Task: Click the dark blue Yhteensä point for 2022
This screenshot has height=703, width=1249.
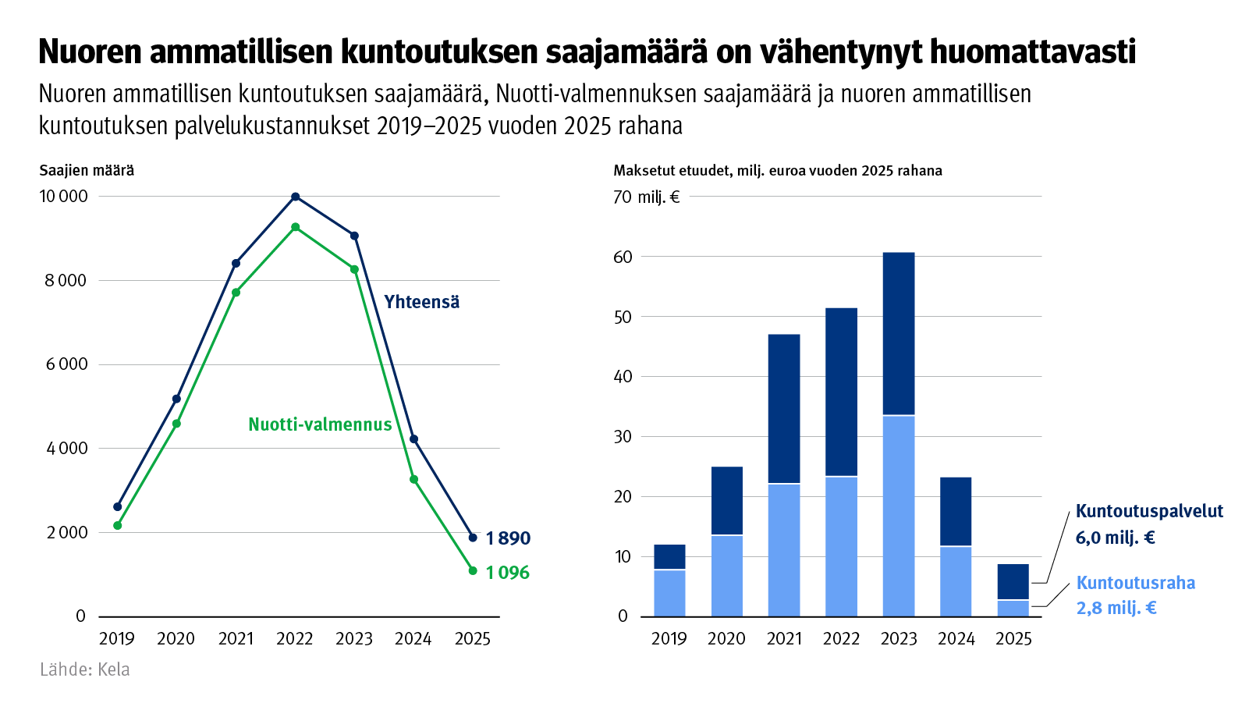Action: click(x=295, y=197)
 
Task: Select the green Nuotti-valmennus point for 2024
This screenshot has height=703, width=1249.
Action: click(x=413, y=479)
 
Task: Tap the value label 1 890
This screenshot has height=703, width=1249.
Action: click(x=507, y=538)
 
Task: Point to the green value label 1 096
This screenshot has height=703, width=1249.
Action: click(x=507, y=573)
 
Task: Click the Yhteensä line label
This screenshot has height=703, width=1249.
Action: click(x=421, y=302)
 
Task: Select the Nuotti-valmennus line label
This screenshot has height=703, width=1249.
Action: click(x=320, y=424)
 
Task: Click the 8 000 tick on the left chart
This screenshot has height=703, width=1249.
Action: click(x=66, y=280)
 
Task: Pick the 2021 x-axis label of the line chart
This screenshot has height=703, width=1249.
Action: click(x=236, y=639)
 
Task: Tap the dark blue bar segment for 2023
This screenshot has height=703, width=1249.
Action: click(x=899, y=333)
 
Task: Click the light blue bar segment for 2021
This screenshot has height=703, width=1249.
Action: click(x=784, y=549)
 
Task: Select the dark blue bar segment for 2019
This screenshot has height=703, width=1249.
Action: click(x=669, y=557)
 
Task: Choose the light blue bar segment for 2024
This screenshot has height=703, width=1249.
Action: click(x=956, y=581)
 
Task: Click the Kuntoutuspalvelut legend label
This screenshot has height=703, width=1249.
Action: click(x=1148, y=511)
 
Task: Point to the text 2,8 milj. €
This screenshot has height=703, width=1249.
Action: click(x=1116, y=608)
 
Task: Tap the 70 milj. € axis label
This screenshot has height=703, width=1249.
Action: click(x=646, y=197)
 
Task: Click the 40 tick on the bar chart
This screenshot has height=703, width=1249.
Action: click(x=622, y=377)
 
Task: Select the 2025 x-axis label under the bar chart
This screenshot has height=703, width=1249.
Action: click(x=1013, y=639)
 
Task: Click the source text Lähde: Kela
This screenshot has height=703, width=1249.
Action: click(x=85, y=669)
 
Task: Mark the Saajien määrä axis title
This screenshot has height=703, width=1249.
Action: click(x=87, y=170)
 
